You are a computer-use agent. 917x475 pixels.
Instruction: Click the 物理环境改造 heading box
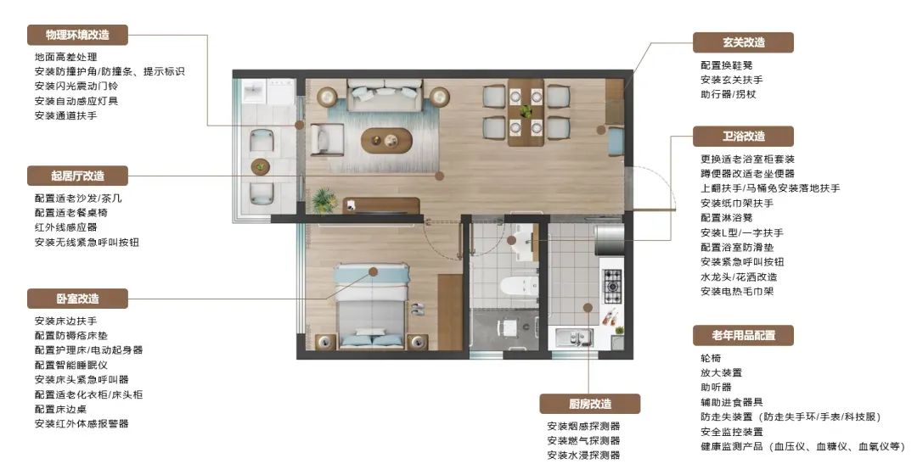point(77,35)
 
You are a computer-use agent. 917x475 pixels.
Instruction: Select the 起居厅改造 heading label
point(77,176)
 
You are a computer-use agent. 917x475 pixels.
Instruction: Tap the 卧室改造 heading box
point(77,299)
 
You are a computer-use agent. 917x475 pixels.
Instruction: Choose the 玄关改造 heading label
point(743,42)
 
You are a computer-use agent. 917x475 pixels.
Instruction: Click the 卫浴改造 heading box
point(743,136)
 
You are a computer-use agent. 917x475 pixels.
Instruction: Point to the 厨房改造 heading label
point(589,404)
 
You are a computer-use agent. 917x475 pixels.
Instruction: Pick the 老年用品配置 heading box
point(743,335)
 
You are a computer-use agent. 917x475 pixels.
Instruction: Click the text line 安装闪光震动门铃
point(76,86)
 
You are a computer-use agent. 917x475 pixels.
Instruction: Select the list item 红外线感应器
point(65,227)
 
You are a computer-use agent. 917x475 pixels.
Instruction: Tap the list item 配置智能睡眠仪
point(70,366)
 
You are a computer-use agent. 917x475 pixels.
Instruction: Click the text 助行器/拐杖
point(729,94)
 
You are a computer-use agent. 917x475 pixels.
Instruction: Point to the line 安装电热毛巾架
point(737,291)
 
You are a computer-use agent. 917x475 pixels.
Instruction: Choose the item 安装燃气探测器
point(583,440)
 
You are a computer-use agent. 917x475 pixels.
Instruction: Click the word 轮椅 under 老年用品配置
point(711,358)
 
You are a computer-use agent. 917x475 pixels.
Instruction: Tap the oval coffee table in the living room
point(386,140)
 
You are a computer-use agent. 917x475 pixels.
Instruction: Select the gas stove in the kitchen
point(611,287)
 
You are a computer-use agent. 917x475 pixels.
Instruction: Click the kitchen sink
point(574,338)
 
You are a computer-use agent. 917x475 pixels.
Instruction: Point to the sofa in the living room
point(385,95)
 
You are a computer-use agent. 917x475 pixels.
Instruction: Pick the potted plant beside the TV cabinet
point(323,200)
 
